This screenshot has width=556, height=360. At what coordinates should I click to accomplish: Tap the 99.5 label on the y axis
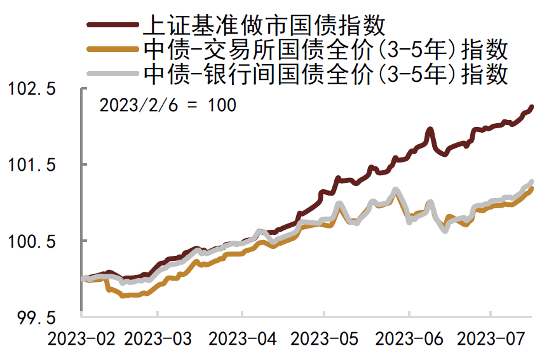pyautogui.click(x=36, y=317)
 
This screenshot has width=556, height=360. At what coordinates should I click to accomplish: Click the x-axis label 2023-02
pyautogui.click(x=81, y=339)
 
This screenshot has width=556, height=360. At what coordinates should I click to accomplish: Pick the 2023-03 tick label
pyautogui.click(x=158, y=339)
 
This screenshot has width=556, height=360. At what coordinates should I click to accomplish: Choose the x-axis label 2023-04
pyautogui.click(x=242, y=339)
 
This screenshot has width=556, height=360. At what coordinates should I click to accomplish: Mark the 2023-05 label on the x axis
pyautogui.click(x=324, y=339)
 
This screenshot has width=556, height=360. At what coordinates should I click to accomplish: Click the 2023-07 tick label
pyautogui.click(x=491, y=339)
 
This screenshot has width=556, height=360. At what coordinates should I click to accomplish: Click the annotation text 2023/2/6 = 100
pyautogui.click(x=168, y=105)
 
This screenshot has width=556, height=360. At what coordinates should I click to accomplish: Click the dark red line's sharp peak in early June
pyautogui.click(x=430, y=130)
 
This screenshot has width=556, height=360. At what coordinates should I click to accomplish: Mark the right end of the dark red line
pyautogui.click(x=531, y=107)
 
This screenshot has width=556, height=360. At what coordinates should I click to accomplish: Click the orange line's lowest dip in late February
pyautogui.click(x=123, y=295)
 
